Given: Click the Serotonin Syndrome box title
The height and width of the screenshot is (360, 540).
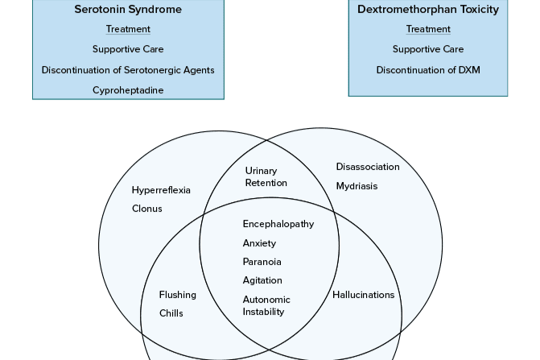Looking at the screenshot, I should coord(128,10).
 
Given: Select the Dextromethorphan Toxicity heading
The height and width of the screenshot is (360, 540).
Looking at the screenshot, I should coord(428,10).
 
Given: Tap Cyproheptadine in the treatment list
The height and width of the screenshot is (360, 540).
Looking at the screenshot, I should coord(128,90).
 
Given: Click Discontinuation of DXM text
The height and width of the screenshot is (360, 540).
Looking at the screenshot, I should coord(428,70).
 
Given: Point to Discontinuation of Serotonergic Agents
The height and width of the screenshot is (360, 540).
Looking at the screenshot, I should coord(128,70).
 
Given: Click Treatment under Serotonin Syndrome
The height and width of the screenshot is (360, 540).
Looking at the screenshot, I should coord(128,29).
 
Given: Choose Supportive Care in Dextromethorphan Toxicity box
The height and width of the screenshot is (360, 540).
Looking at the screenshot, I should coord(428,49).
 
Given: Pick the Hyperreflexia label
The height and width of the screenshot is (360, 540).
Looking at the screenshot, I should coord(161,190).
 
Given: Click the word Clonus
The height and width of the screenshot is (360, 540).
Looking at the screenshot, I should coord(147,209).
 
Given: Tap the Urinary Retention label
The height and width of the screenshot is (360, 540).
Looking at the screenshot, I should coord(266,176).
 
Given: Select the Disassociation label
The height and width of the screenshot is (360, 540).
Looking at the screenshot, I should coord(368,167).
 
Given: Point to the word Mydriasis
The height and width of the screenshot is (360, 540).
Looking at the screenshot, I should coord(357,186).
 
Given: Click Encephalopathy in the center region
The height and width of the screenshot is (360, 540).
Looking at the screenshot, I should coord(278,224).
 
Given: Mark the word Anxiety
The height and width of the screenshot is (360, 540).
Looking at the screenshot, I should coord(259,243).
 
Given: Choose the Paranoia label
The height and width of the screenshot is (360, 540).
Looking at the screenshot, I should coord(262,262).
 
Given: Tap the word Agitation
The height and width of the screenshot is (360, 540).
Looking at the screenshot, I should coord(262,280).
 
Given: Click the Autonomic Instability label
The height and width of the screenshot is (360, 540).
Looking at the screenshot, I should coord(266,305).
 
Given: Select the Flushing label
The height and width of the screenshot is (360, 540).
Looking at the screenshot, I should coord(177,295).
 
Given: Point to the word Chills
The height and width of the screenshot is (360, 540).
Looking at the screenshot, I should coord(171,313).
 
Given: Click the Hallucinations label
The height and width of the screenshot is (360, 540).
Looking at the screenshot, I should coord(364,295).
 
